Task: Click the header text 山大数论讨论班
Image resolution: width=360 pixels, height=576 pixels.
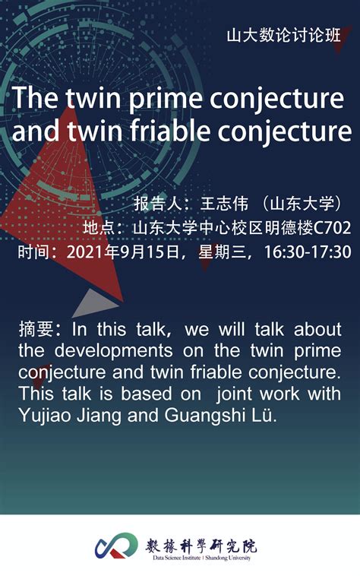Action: pos(283,36)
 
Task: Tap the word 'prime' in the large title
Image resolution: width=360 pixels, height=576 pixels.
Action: pos(166,98)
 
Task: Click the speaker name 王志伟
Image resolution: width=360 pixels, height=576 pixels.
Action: pos(224,203)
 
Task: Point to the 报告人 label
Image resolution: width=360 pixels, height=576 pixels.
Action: pos(157,203)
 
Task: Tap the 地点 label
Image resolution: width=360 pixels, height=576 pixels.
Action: pos(99,227)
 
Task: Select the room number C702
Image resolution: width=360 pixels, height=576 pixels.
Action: pos(332,228)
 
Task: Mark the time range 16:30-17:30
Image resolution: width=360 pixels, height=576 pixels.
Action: pos(308,252)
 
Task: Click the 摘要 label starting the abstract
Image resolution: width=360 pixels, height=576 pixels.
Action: pos(36,329)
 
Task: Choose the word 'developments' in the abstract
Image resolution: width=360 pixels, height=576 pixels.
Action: pos(114,351)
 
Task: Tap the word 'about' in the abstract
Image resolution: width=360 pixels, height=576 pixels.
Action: pos(317,329)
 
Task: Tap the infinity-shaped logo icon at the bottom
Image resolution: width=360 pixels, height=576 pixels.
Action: pos(116,546)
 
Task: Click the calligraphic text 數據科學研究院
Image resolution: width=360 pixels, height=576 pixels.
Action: pos(201,546)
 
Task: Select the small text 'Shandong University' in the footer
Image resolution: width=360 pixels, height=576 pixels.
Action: pos(228,558)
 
